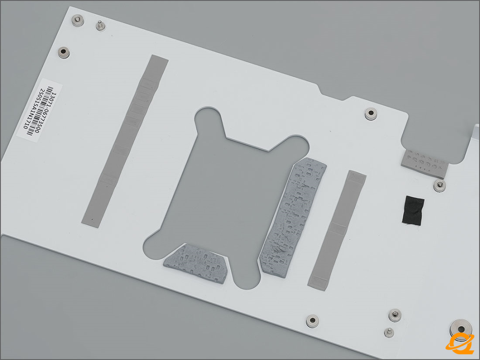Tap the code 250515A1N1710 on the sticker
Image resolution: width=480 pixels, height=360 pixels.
(34, 108)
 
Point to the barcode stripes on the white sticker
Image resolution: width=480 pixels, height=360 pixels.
(40, 111)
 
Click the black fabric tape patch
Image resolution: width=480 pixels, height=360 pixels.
(413, 211)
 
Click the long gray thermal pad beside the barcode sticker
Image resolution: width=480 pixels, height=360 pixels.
(125, 141)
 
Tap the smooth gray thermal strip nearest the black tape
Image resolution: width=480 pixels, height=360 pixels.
(337, 230)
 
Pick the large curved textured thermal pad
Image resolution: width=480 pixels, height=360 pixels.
(293, 217)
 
